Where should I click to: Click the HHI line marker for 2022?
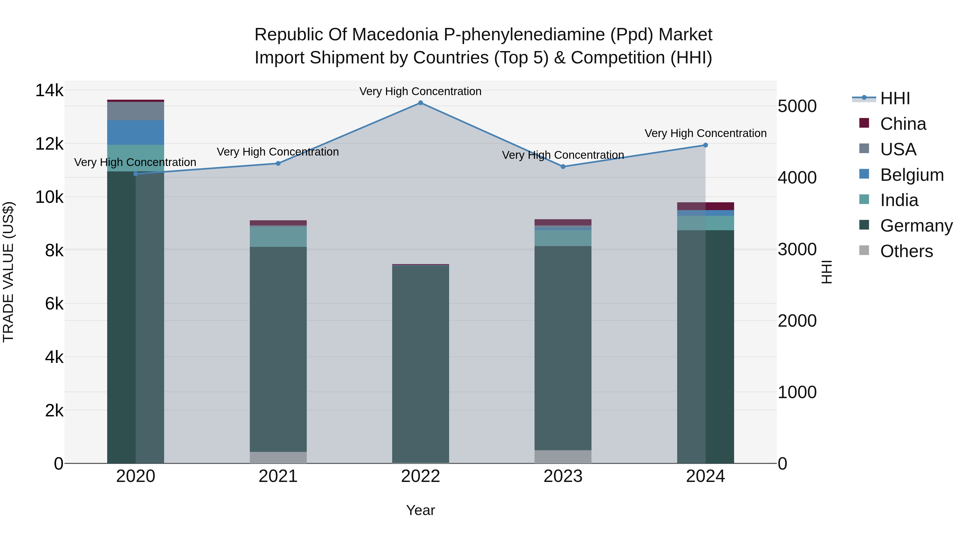(x=420, y=103)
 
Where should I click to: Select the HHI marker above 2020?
(x=136, y=174)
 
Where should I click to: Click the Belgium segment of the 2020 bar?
(x=136, y=132)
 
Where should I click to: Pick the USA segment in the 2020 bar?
(x=136, y=111)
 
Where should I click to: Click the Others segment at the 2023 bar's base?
(x=563, y=456)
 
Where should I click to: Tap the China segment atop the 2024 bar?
(x=705, y=206)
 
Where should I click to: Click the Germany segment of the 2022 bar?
(x=420, y=364)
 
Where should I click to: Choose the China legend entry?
(x=903, y=124)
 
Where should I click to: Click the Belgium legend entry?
(x=911, y=175)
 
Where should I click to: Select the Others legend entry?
(x=906, y=251)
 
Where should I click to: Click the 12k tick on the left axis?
(x=49, y=144)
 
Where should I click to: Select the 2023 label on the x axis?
(x=563, y=476)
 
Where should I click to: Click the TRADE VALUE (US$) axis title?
(x=8, y=272)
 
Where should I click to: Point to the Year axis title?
(x=420, y=510)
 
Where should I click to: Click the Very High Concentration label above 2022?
(x=420, y=91)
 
